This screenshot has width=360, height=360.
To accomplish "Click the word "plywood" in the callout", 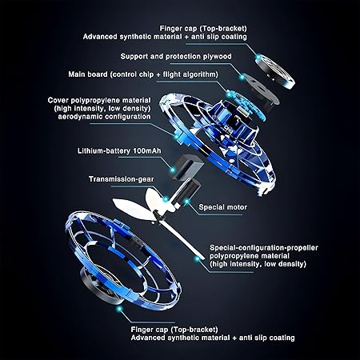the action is pyautogui.click(x=217, y=57).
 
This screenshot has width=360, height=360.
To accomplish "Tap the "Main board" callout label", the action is pyautogui.click(x=143, y=74).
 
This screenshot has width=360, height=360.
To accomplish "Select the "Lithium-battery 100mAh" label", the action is pyautogui.click(x=119, y=151).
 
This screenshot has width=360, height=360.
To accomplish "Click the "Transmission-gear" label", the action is pyautogui.click(x=122, y=179).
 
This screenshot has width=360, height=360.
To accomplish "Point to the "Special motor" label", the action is pyautogui.click(x=223, y=207).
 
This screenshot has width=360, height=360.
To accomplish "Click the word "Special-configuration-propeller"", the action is pyautogui.click(x=264, y=248).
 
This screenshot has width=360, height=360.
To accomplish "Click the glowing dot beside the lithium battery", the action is pyautogui.click(x=173, y=170).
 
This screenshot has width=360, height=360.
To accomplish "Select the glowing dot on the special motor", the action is pyautogui.click(x=186, y=202).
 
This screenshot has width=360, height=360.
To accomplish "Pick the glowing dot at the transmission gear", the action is pyautogui.click(x=166, y=198).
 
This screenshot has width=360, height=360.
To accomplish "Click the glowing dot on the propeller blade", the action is pyautogui.click(x=197, y=258).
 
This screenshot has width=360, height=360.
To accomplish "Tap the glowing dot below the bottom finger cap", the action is pyautogui.click(x=119, y=309).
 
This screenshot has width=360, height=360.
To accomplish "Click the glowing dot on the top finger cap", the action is pyautogui.click(x=258, y=57).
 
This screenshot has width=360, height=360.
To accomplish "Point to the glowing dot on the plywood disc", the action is pyautogui.click(x=242, y=77).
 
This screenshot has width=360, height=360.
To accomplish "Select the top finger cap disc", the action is pyautogui.click(x=275, y=71).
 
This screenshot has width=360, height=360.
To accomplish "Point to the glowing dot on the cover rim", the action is pyautogui.click(x=176, y=137).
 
